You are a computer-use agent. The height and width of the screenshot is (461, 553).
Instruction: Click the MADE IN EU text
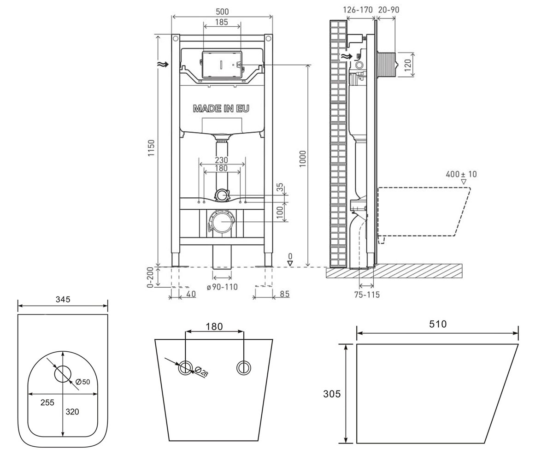(221, 108)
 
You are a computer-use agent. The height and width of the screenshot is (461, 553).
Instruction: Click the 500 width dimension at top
(222, 12)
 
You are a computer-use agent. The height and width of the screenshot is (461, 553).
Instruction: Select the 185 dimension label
(221, 22)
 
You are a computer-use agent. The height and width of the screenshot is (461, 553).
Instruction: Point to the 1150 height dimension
(151, 148)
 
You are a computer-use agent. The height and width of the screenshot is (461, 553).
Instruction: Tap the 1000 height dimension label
(302, 159)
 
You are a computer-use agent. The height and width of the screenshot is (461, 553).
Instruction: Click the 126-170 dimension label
(358, 10)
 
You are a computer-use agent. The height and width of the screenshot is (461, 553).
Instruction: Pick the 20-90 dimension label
(388, 10)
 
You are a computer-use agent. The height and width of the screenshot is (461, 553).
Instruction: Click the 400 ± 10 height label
(461, 174)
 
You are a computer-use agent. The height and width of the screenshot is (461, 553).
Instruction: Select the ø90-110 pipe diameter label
(222, 287)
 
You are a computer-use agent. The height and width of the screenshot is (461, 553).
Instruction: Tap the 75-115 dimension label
(367, 295)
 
